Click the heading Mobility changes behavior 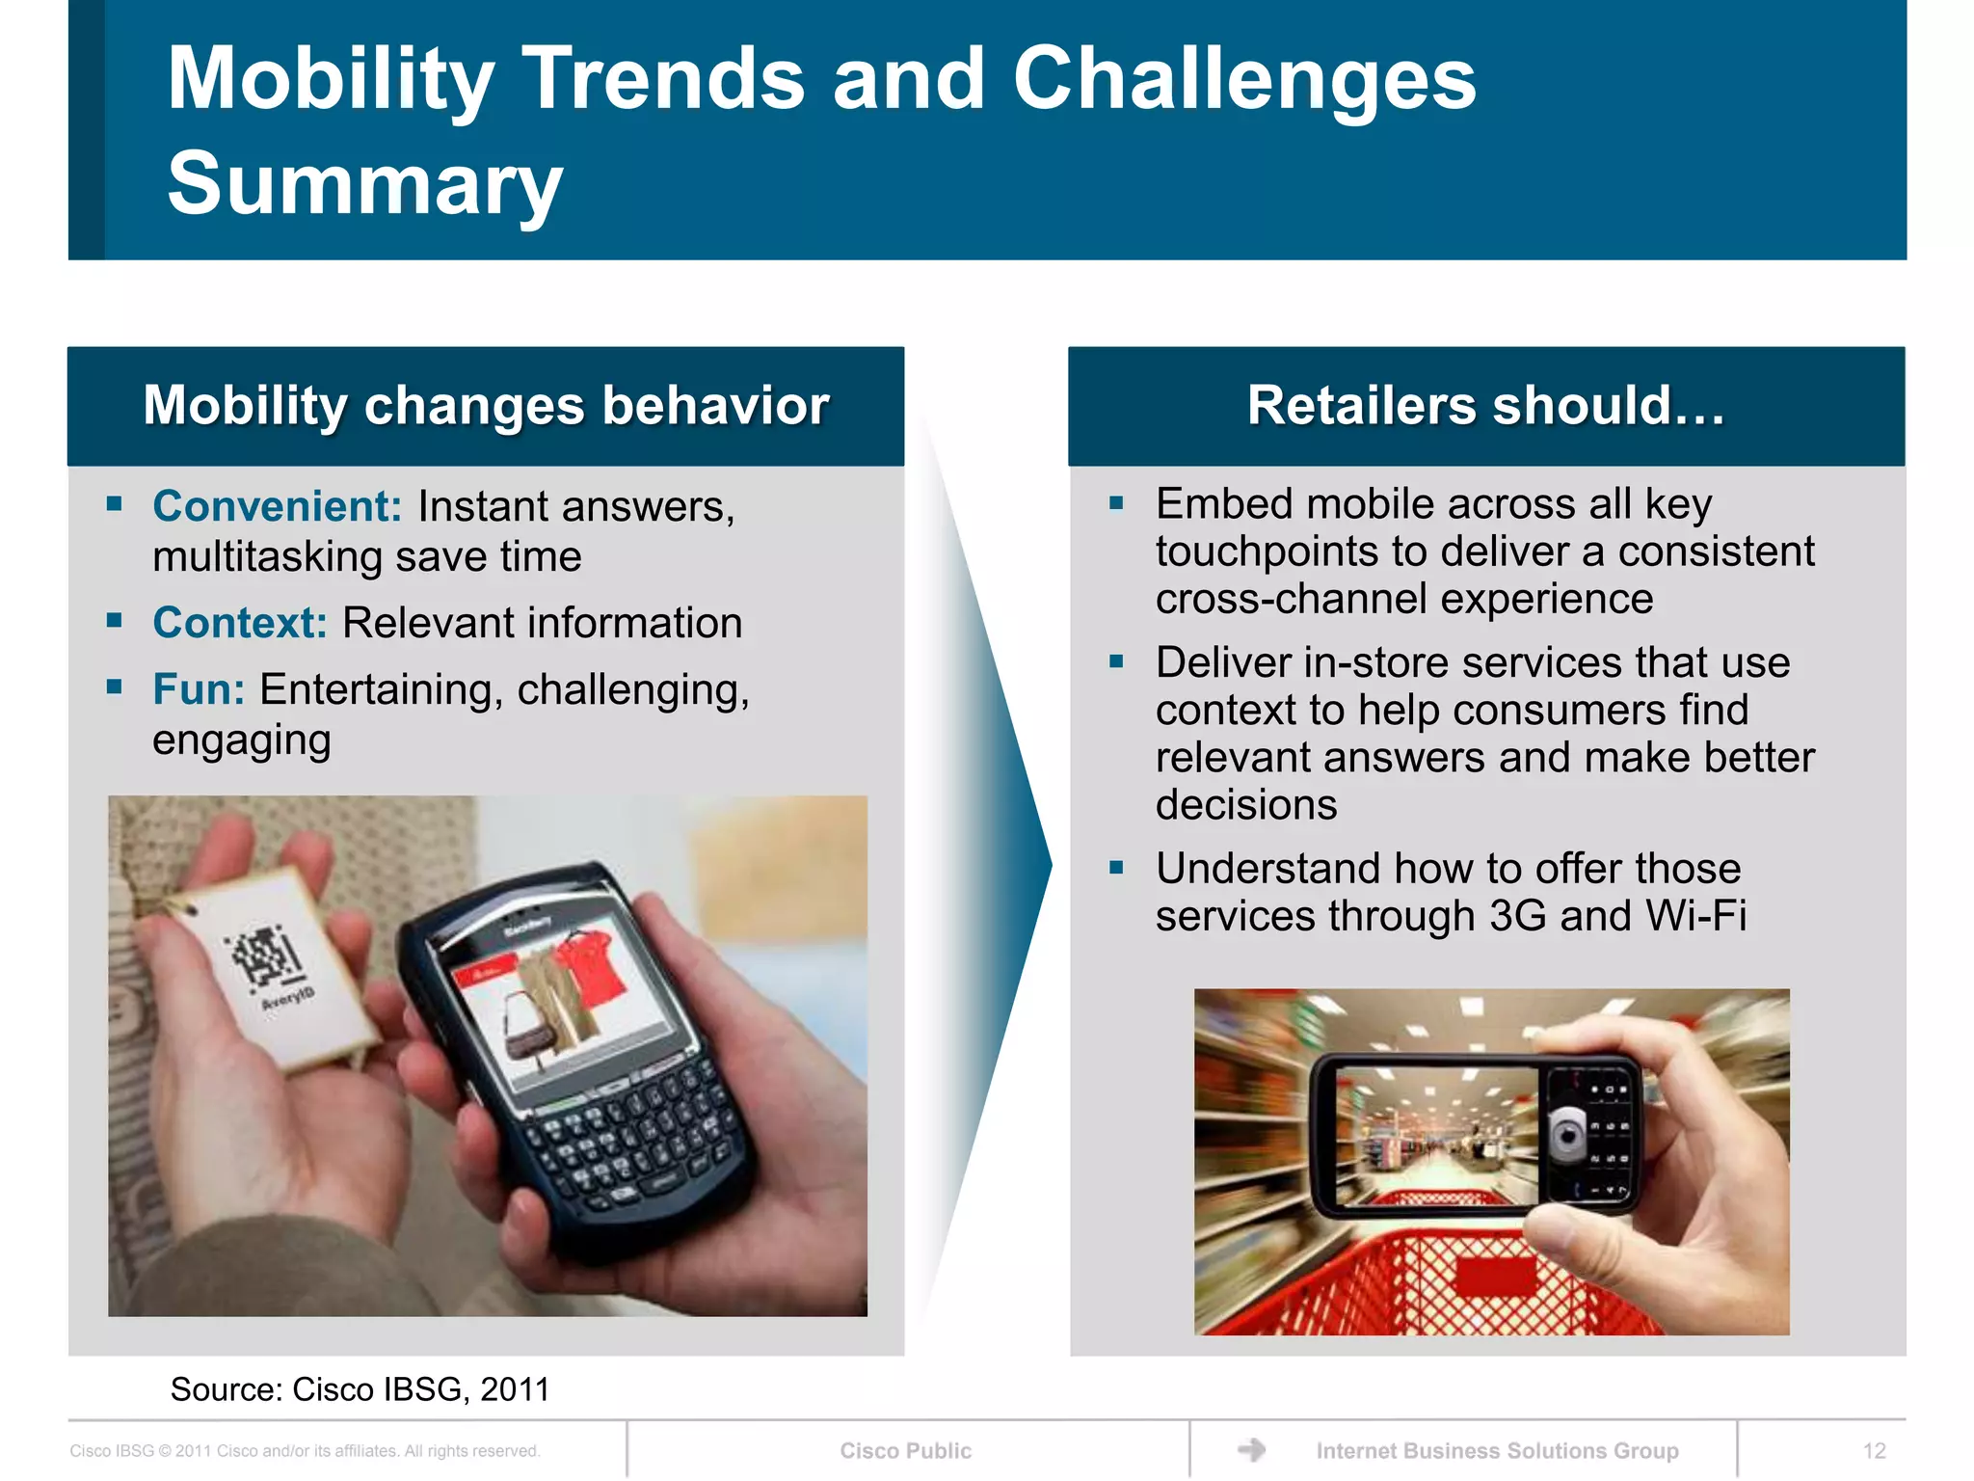pyautogui.click(x=486, y=405)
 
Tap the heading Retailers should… pyautogui.click(x=1485, y=405)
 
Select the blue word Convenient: pyautogui.click(x=277, y=506)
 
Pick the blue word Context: pyautogui.click(x=240, y=623)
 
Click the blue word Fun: pyautogui.click(x=199, y=689)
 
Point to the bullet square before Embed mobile pyautogui.click(x=1116, y=503)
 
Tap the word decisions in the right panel pyautogui.click(x=1245, y=805)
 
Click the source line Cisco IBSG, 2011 pyautogui.click(x=360, y=1389)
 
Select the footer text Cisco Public pyautogui.click(x=905, y=1450)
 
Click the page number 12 pyautogui.click(x=1874, y=1450)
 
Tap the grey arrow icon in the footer pyautogui.click(x=1251, y=1449)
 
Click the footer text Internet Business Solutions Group pyautogui.click(x=1497, y=1450)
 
